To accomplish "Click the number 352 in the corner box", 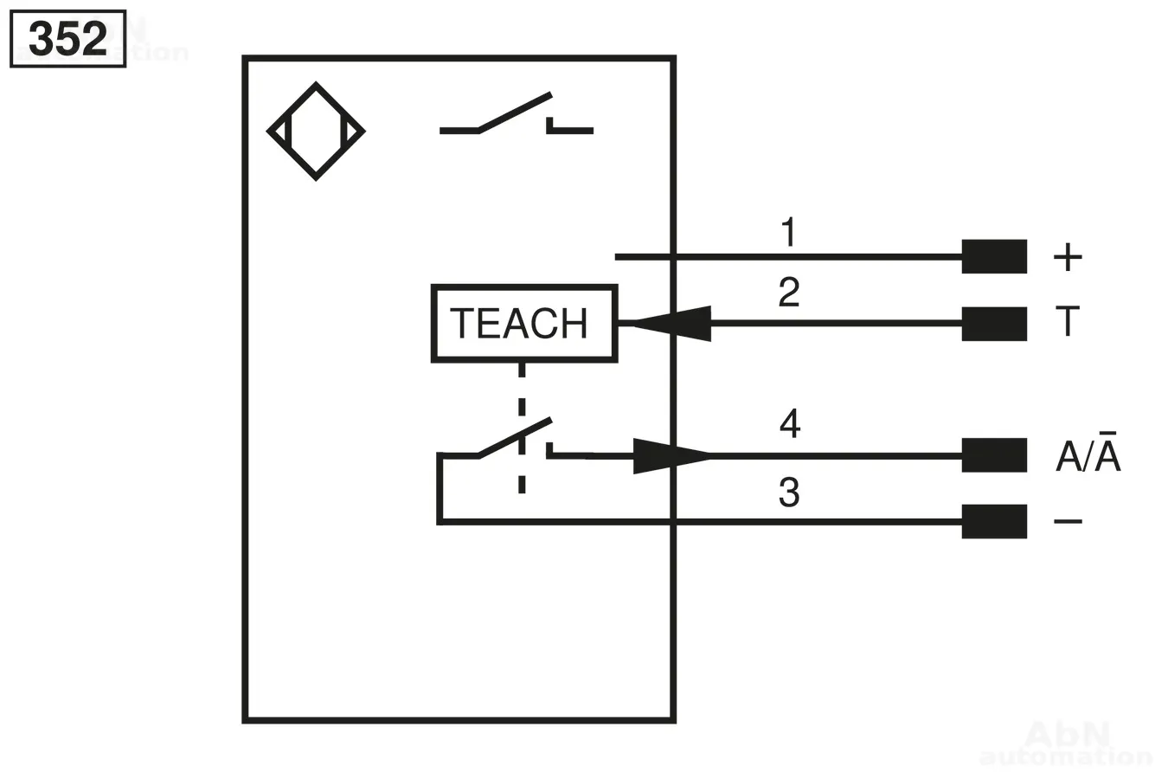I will tap(67, 39).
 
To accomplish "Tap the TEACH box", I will tap(523, 323).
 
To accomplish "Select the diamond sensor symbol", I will tap(316, 132).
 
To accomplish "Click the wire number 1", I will tap(788, 233).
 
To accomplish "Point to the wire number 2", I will tap(788, 293).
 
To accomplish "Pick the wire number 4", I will tap(789, 424).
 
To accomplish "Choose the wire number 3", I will tap(788, 492).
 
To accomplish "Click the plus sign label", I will tap(1068, 256).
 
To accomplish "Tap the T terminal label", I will tap(1068, 321).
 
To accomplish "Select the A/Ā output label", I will tap(1088, 454).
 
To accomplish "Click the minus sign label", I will tap(1068, 521).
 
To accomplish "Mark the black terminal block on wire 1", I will tap(994, 256).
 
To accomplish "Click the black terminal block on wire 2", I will tap(994, 323).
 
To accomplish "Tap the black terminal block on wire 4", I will tap(994, 455).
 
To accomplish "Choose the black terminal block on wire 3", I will tap(994, 521).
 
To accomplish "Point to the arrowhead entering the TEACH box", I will tap(671, 323).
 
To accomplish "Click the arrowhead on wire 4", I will tap(671, 455).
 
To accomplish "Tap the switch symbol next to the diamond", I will tap(516, 117).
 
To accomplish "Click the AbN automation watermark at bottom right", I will tap(1066, 744).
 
